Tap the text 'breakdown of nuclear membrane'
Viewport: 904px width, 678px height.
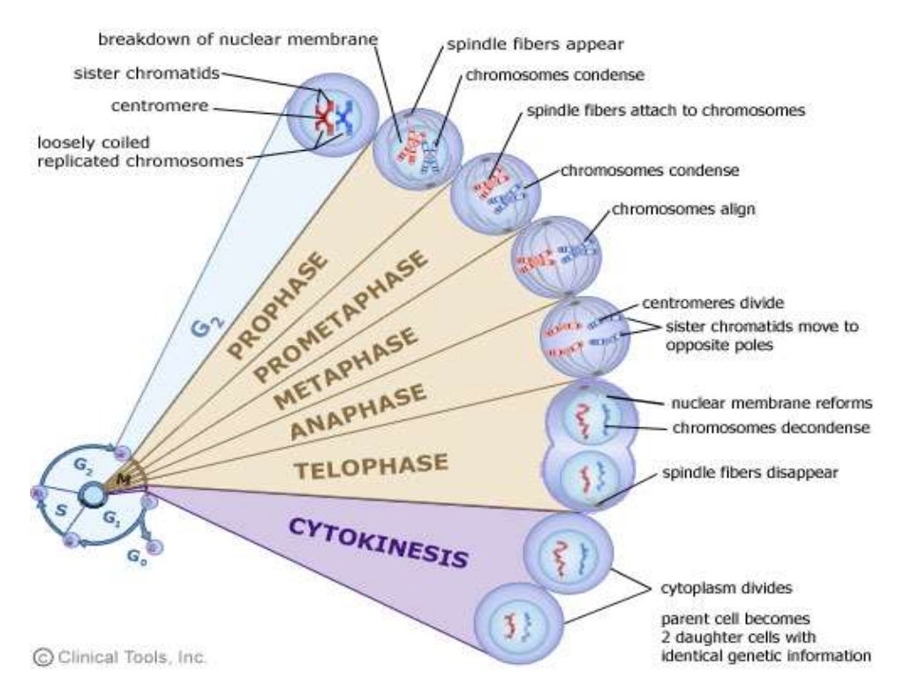[237, 40]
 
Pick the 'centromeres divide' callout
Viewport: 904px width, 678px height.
[700, 303]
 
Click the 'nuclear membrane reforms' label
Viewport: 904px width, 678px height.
[772, 403]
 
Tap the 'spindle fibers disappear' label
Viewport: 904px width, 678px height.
[750, 472]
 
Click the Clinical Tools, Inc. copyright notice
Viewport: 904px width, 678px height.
[120, 657]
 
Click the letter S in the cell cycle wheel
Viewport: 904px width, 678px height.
[61, 510]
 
